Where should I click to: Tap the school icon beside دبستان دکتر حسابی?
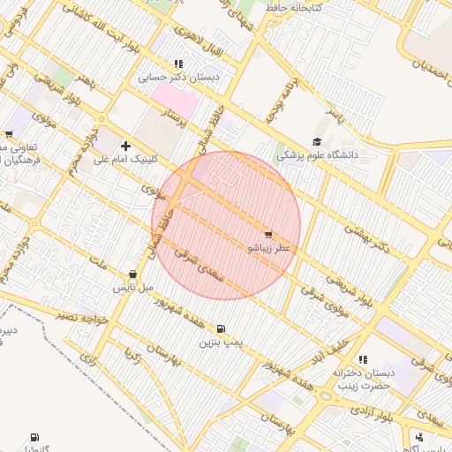(178, 64)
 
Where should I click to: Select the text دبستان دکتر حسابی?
(178, 78)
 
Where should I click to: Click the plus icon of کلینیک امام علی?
(125, 146)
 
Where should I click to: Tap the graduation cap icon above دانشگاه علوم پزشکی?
(317, 141)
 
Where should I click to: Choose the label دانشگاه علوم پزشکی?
(317, 154)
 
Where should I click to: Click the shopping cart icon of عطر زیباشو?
(267, 235)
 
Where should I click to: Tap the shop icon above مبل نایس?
(132, 274)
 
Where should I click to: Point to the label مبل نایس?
(132, 288)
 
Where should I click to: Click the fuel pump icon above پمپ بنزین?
(220, 328)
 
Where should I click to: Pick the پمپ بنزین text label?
(220, 341)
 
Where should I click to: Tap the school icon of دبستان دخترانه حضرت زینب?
(362, 359)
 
